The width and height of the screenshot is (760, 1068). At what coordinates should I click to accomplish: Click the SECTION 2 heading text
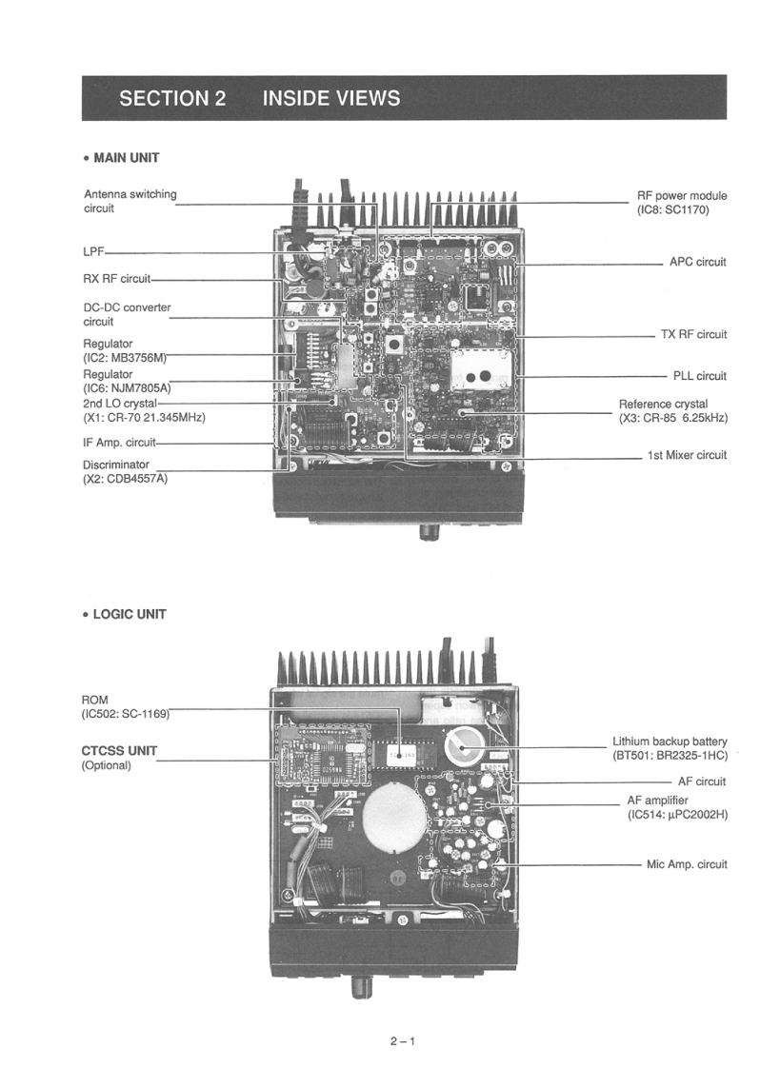click(172, 98)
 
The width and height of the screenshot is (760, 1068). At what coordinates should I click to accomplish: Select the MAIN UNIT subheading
click(125, 157)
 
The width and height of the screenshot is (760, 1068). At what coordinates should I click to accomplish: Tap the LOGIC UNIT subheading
click(129, 614)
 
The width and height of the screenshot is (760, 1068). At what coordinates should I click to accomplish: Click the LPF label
click(93, 252)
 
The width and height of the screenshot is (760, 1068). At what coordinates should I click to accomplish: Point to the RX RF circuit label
click(117, 279)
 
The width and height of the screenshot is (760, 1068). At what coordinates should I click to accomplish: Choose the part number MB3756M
click(139, 357)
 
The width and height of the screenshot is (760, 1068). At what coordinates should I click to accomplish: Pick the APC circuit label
click(697, 262)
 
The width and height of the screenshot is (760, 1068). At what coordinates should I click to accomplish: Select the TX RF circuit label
click(693, 334)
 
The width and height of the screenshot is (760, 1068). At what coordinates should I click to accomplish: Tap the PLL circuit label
click(699, 376)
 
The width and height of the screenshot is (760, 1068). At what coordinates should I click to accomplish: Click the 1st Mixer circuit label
click(687, 455)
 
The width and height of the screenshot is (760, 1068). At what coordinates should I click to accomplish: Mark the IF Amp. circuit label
click(119, 442)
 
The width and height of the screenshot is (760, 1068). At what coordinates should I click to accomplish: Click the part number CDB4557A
click(136, 478)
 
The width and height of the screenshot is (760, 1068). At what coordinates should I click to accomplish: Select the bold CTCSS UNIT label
click(119, 750)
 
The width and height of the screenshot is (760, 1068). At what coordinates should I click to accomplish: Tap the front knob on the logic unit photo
click(361, 986)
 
